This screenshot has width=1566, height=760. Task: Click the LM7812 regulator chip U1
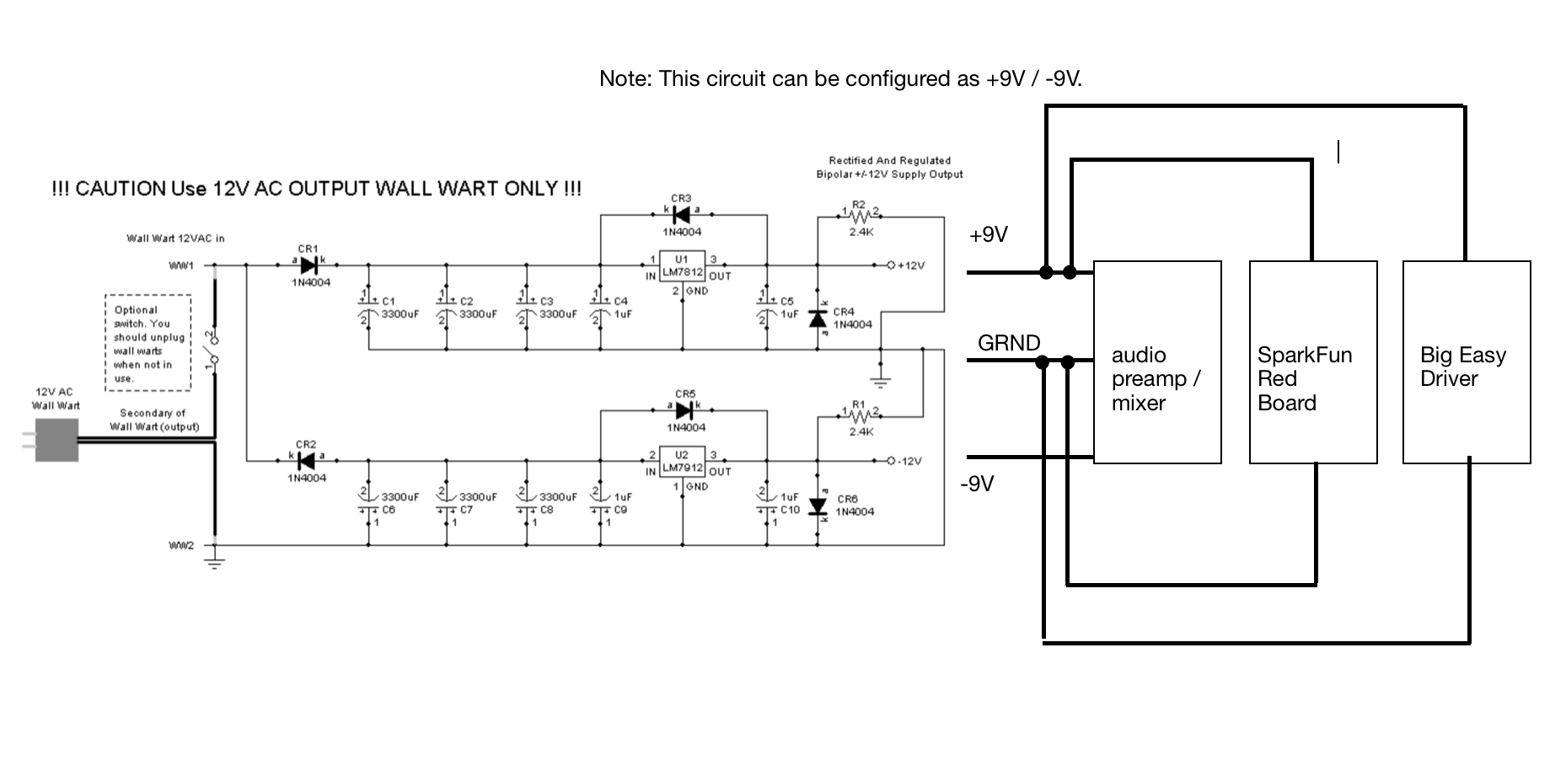point(681,265)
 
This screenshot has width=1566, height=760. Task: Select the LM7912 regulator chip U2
point(681,461)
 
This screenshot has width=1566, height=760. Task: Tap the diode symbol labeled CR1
point(308,265)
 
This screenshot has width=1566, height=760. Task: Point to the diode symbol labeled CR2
point(306,461)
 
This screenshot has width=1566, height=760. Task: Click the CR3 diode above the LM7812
point(682,215)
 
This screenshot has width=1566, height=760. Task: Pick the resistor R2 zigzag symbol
point(860,216)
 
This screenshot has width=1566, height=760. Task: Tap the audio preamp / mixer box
point(1156,362)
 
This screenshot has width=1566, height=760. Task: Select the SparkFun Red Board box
point(1312,362)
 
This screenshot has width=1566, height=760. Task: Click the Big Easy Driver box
point(1466,362)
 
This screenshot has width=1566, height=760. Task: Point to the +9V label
point(988,235)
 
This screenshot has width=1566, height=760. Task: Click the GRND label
point(1008,343)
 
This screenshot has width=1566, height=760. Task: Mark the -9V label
point(977,484)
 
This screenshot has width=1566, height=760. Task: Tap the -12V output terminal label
point(909,461)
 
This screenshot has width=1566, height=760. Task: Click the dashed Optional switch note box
point(147,343)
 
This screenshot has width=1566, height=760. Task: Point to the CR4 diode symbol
point(817,318)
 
